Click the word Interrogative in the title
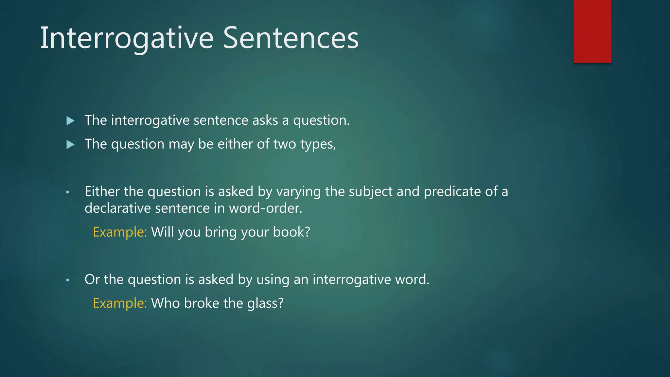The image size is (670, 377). point(127,38)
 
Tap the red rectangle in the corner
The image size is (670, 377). point(592,31)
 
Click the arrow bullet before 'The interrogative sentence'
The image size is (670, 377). point(70,121)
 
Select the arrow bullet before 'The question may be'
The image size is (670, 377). point(70,144)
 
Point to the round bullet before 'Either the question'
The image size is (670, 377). point(68,192)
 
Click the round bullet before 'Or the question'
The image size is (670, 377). point(68,280)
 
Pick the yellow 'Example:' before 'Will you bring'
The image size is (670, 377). point(120,232)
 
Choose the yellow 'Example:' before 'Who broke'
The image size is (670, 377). point(120,303)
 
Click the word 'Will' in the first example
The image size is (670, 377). point(162,232)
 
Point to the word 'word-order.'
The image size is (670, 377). point(265,208)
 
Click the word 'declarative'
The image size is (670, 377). point(117,208)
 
